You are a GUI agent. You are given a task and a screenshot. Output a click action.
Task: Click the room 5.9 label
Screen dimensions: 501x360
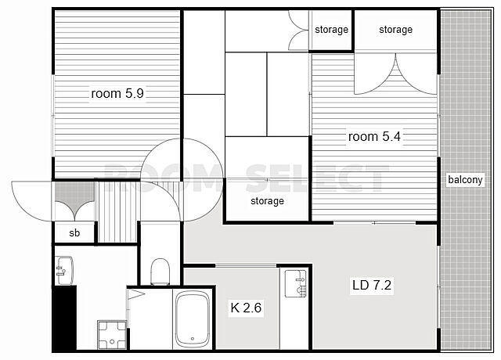(117, 94)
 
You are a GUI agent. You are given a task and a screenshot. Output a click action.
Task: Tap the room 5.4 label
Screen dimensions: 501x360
(374, 137)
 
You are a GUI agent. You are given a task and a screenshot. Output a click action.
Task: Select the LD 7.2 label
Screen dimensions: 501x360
(372, 285)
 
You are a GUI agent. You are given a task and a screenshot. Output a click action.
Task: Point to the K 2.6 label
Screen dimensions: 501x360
(246, 308)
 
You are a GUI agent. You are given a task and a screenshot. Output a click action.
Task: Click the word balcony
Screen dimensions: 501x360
(465, 179)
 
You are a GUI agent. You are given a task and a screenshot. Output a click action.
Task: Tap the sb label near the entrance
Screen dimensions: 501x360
(74, 233)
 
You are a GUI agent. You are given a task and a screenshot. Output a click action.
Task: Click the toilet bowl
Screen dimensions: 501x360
(160, 272)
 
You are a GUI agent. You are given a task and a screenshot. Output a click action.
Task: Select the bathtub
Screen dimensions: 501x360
(193, 319)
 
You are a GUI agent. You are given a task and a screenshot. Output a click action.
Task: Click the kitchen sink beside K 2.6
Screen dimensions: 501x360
(296, 283)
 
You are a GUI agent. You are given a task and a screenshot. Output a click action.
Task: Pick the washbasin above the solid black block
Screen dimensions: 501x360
(64, 271)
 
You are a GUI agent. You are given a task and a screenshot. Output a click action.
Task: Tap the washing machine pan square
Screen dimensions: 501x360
(112, 334)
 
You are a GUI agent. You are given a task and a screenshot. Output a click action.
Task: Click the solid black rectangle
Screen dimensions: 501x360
(65, 319)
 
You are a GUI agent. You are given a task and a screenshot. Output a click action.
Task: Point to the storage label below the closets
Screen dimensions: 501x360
(267, 201)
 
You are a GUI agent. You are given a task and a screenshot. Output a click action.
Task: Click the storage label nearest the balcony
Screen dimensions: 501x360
(395, 30)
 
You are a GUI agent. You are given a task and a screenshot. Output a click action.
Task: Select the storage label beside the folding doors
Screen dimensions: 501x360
(331, 30)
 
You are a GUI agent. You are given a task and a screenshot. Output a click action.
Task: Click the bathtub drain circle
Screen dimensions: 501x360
(193, 339)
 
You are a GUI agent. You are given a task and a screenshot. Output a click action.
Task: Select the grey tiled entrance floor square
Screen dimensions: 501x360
(75, 201)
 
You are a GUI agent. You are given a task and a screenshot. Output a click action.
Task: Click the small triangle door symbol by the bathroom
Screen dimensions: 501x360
(135, 294)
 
